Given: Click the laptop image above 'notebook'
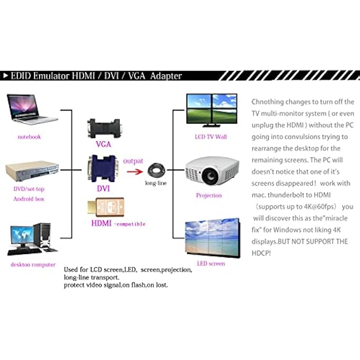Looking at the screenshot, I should (x=31, y=110).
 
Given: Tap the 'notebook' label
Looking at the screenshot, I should (x=29, y=137).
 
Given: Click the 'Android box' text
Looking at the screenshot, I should (x=29, y=199).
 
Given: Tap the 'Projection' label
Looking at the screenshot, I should (x=209, y=195).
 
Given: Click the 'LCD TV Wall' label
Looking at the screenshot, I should (x=211, y=137).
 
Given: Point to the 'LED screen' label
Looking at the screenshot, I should (x=211, y=263).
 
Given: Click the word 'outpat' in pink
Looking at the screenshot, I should (x=133, y=160).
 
